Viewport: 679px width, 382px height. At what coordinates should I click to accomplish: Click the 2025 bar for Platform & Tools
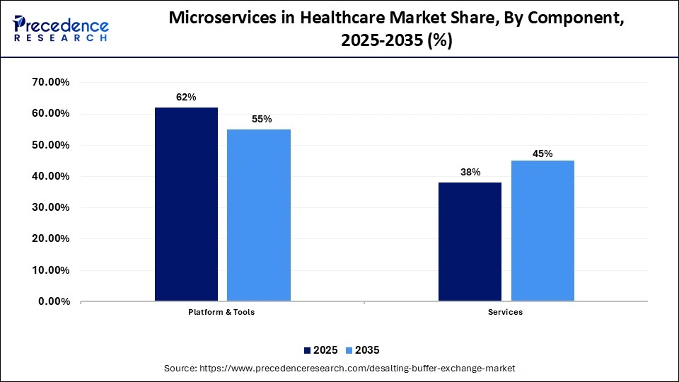coord(186,204)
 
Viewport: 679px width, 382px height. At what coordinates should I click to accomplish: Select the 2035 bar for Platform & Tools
coord(259,215)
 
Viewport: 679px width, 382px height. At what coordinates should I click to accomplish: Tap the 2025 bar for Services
coord(470,242)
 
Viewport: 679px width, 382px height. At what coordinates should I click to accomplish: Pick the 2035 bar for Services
coord(542,231)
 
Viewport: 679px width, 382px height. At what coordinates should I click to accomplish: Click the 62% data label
coord(186,98)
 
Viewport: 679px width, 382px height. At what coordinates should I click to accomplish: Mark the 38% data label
coord(470,172)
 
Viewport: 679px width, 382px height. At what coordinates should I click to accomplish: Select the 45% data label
coord(543,154)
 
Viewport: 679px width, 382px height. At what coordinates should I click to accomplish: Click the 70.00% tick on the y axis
coord(50,83)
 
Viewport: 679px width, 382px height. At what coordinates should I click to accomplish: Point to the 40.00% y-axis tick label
coord(50,177)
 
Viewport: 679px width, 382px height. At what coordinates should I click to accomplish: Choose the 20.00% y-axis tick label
coord(50,239)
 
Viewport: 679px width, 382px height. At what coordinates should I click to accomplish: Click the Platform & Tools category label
coord(221,312)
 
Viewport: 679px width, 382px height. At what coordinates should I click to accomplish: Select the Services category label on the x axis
coord(505,312)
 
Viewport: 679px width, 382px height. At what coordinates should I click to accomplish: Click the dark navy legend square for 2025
coord(307,350)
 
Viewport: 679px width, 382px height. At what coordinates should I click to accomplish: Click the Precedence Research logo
coord(61,28)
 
